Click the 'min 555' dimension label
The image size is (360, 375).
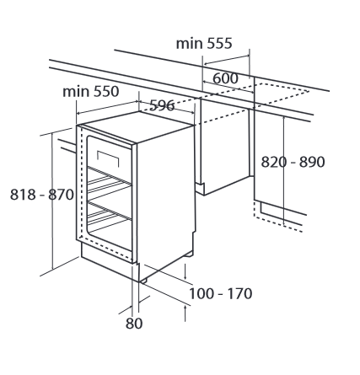(204, 44)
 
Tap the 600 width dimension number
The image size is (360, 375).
(225, 78)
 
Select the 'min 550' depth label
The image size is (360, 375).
(91, 92)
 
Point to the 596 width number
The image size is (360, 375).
(162, 105)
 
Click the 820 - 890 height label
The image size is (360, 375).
(293, 162)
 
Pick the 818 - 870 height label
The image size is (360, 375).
(42, 195)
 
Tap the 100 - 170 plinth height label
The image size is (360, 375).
(220, 294)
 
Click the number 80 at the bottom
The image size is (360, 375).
(134, 324)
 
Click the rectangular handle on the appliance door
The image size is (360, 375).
(108, 158)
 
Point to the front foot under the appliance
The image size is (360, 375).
(143, 281)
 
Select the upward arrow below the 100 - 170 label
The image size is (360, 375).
(185, 313)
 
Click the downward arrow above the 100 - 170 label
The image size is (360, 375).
(185, 271)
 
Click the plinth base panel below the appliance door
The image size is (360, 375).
(110, 262)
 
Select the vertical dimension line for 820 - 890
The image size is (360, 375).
(284, 171)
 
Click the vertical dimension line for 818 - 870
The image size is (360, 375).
(52, 201)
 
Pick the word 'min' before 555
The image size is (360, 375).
(189, 44)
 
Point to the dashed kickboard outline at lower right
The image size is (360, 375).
(277, 217)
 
